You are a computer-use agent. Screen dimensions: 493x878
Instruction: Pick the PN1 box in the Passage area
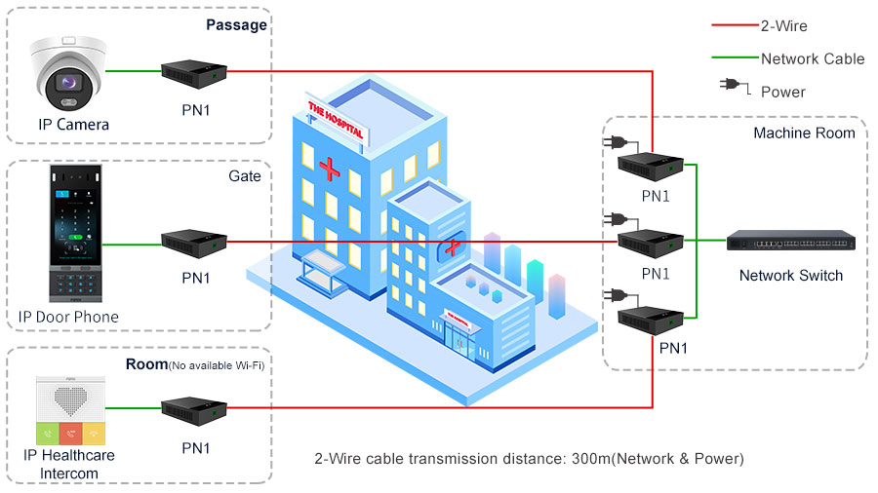[x=194, y=71]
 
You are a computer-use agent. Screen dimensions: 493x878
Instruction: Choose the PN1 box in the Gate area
[x=194, y=241]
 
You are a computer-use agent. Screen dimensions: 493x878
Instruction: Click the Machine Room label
[x=804, y=133]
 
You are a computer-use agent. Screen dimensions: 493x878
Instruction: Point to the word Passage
[x=236, y=24]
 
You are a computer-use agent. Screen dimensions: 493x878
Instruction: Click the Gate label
[x=245, y=175]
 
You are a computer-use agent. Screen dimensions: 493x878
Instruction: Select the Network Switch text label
[x=790, y=276]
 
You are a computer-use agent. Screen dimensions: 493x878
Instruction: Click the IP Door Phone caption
[x=68, y=317]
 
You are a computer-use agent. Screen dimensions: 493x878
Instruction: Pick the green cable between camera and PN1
[x=133, y=71]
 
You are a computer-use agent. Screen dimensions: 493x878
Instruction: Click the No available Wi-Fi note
[x=218, y=365]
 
